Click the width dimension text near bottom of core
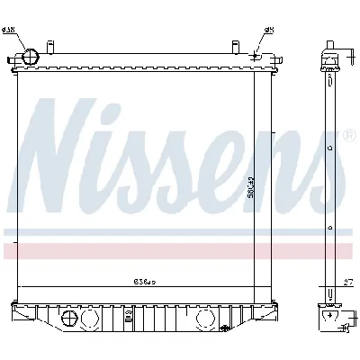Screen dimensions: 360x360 pyautogui.click(x=145, y=281)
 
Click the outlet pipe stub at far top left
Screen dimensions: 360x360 pyautogui.click(x=12, y=61)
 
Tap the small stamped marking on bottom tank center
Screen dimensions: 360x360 pyautogui.click(x=129, y=316)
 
